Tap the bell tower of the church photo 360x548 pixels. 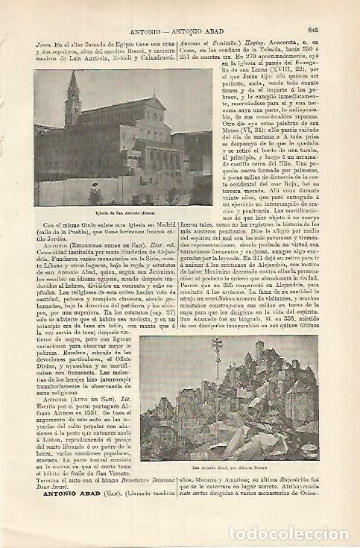coord(72,101)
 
